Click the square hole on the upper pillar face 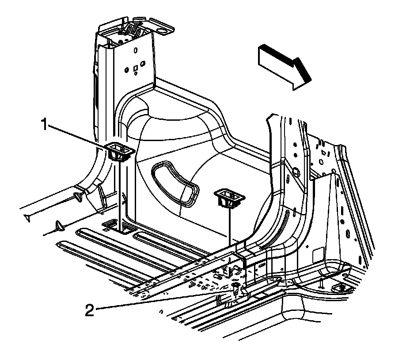136,69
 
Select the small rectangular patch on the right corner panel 318,255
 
